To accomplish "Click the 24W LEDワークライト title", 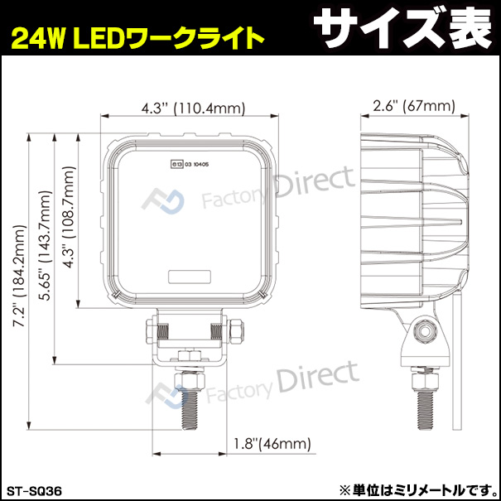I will tap(137, 37).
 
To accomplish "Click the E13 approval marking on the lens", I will tap(190, 164).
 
